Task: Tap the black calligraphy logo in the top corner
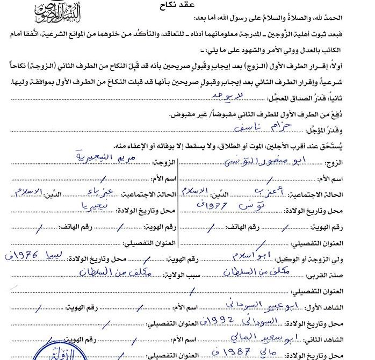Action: [x=58, y=10]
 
